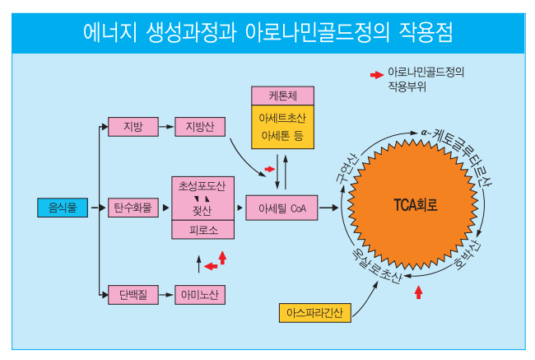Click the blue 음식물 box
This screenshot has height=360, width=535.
(62, 208)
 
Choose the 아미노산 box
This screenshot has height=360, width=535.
(200, 294)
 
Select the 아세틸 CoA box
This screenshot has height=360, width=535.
(282, 208)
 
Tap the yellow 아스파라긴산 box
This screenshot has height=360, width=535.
(315, 313)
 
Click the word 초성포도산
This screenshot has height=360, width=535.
(202, 187)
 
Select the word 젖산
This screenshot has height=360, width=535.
(202, 211)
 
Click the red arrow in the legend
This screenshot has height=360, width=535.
(375, 73)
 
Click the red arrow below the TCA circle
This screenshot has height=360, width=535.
(418, 290)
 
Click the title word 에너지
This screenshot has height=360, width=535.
(112, 32)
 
